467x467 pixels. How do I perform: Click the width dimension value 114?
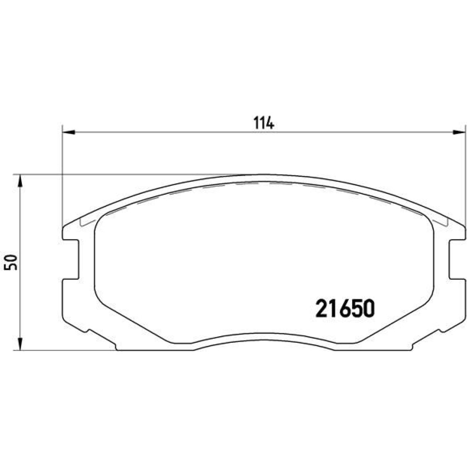[263, 123]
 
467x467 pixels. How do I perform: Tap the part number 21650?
[345, 309]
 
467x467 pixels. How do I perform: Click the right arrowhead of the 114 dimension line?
[459, 132]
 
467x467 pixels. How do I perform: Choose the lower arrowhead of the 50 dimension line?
[20, 344]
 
